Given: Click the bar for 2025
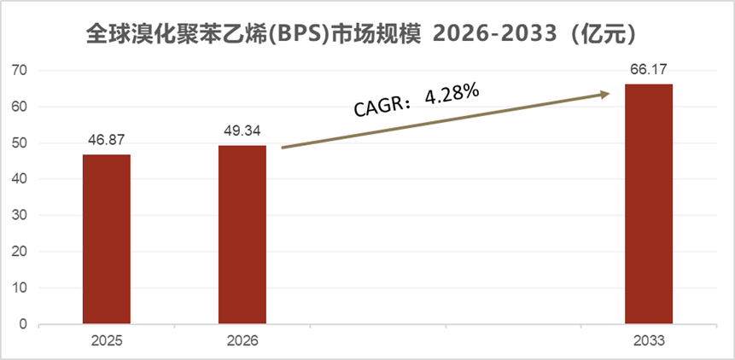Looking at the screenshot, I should (x=107, y=240).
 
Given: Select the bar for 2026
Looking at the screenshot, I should (x=242, y=235).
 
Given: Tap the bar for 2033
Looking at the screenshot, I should (x=649, y=205).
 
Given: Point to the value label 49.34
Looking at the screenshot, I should (x=242, y=133).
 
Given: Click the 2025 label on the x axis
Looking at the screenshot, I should (x=107, y=340).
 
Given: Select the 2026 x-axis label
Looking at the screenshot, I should (x=242, y=340).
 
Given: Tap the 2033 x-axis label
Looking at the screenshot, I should (x=649, y=340).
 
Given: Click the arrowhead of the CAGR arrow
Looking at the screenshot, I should (x=605, y=94).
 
